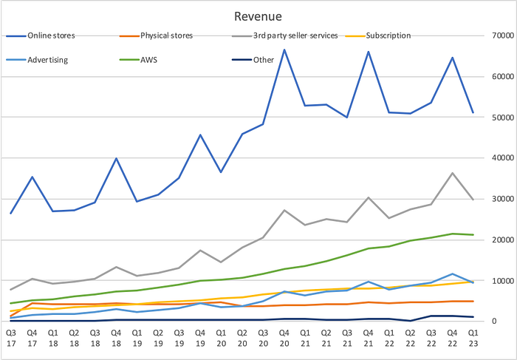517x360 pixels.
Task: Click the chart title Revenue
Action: (258, 16)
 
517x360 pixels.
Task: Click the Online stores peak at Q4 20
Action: (284, 50)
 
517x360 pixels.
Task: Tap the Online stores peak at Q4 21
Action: (369, 52)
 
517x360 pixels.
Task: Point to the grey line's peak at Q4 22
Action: (452, 173)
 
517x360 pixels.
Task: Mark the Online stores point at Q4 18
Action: (116, 158)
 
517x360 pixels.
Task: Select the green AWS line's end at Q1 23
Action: (473, 234)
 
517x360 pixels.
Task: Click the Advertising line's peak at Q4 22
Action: (452, 274)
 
